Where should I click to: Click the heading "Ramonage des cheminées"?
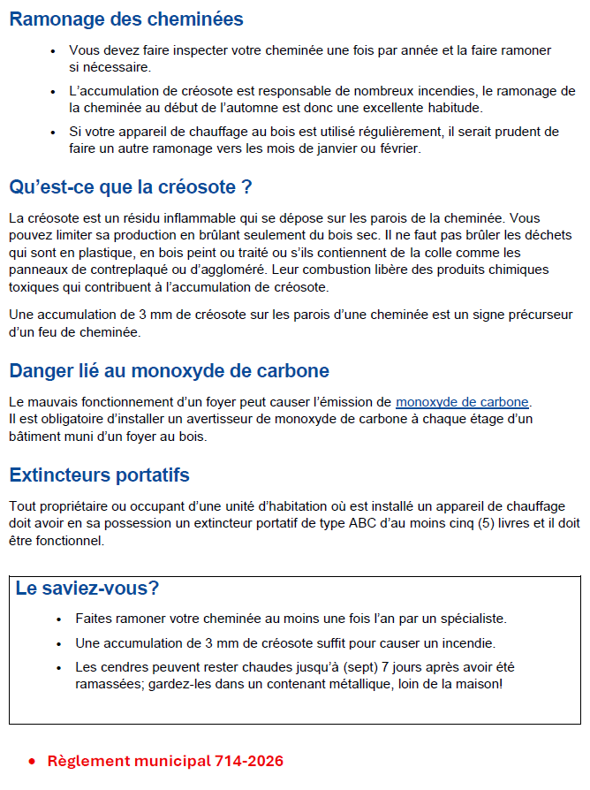pos(126,19)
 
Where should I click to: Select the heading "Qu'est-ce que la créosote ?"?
pos(131,187)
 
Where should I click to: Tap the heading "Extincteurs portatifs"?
pos(99,475)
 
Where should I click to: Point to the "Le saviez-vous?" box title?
pos(87,589)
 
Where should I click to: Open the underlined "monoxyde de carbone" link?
pos(462,402)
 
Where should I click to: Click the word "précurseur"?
pos(534,315)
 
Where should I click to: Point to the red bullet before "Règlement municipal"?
pos(32,762)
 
